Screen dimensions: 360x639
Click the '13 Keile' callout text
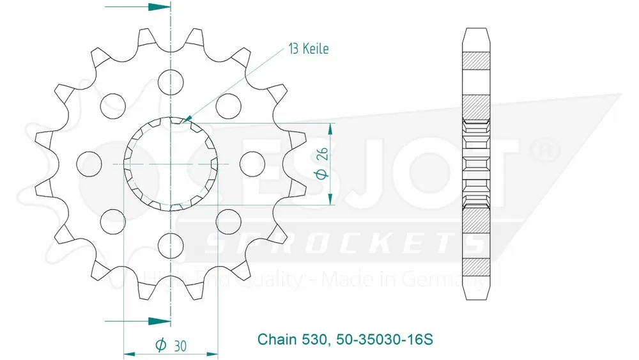[x=309, y=49]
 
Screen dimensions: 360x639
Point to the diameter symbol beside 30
[x=160, y=345]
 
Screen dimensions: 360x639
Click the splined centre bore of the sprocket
[x=171, y=164]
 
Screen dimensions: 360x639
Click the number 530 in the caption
[x=314, y=338]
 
